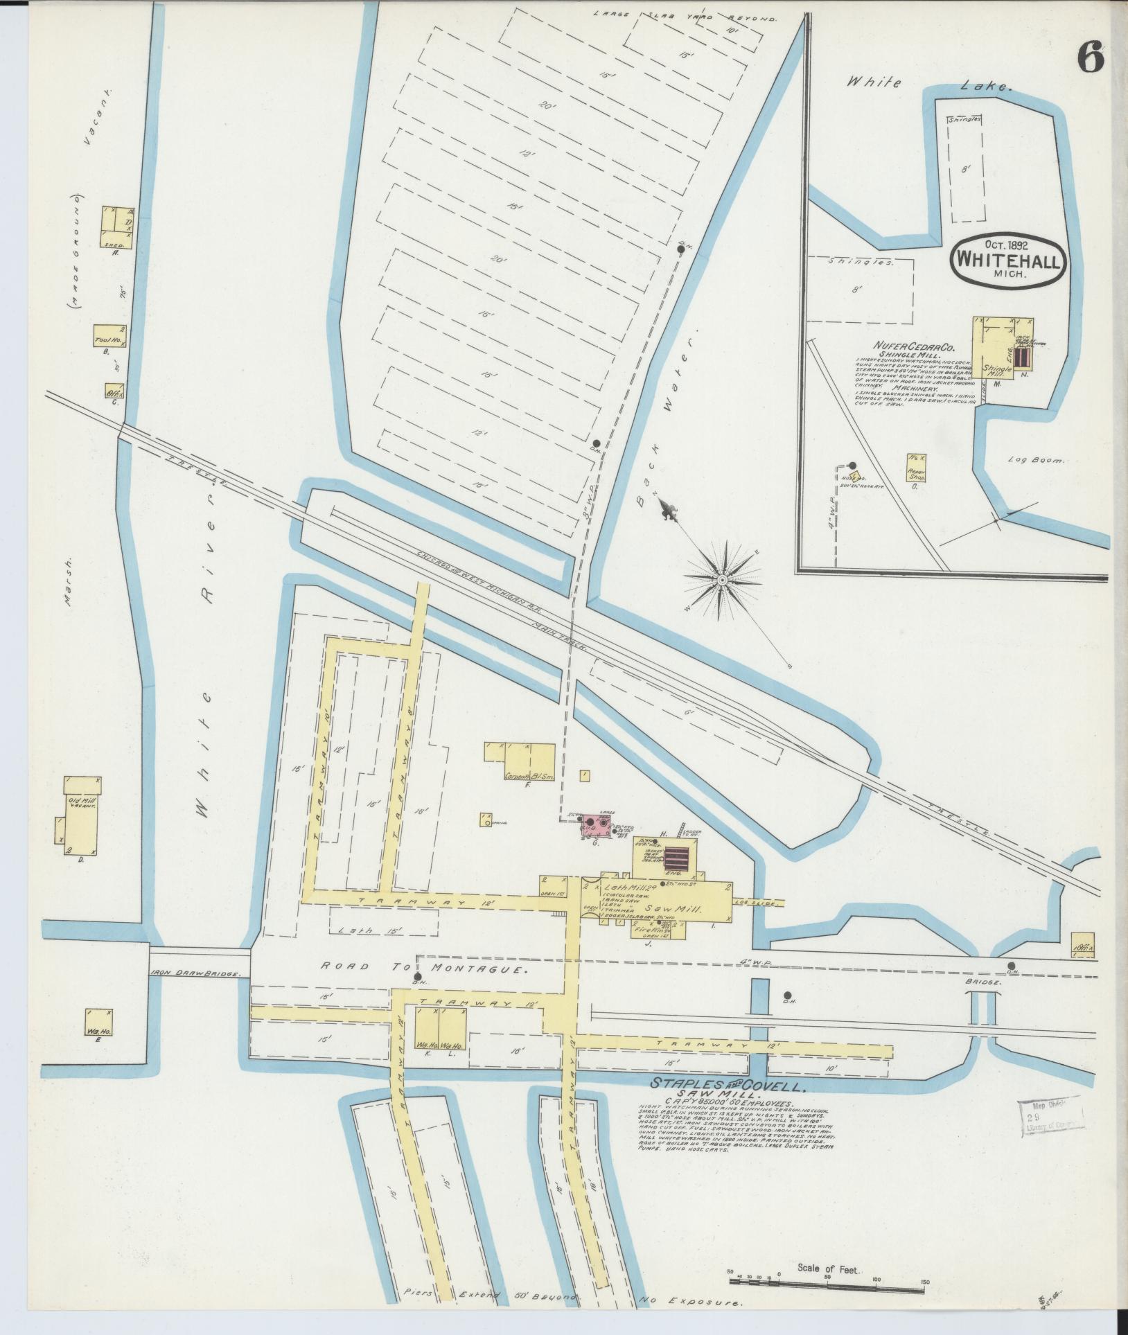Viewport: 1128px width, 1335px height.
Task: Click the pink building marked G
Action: point(597,826)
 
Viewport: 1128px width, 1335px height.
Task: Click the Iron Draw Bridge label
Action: point(195,973)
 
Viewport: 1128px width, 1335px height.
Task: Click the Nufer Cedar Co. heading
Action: point(908,345)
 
